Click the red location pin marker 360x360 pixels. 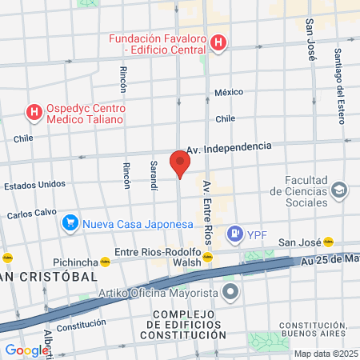pyautogui.click(x=180, y=162)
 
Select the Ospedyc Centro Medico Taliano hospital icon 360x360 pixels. pyautogui.click(x=34, y=112)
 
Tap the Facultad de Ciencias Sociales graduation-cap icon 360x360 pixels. pyautogui.click(x=340, y=190)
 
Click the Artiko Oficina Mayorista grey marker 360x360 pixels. pyautogui.click(x=230, y=293)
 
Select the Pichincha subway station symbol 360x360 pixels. pyautogui.click(x=105, y=261)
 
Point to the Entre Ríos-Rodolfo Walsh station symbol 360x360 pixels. pyautogui.click(x=207, y=258)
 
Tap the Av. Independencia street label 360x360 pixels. pyautogui.click(x=229, y=147)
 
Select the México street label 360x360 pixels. pyautogui.click(x=227, y=92)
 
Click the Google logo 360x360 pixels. pyautogui.click(x=26, y=350)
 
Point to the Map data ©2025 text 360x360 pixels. pyautogui.click(x=326, y=354)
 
